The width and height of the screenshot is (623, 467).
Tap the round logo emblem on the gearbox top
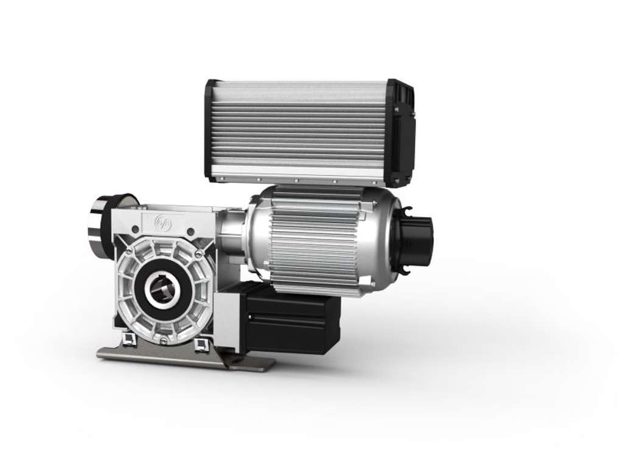[163, 222]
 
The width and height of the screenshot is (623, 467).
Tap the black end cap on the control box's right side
[402, 134]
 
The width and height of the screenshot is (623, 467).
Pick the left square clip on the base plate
[129, 338]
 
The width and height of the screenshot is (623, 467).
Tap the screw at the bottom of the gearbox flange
[163, 340]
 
